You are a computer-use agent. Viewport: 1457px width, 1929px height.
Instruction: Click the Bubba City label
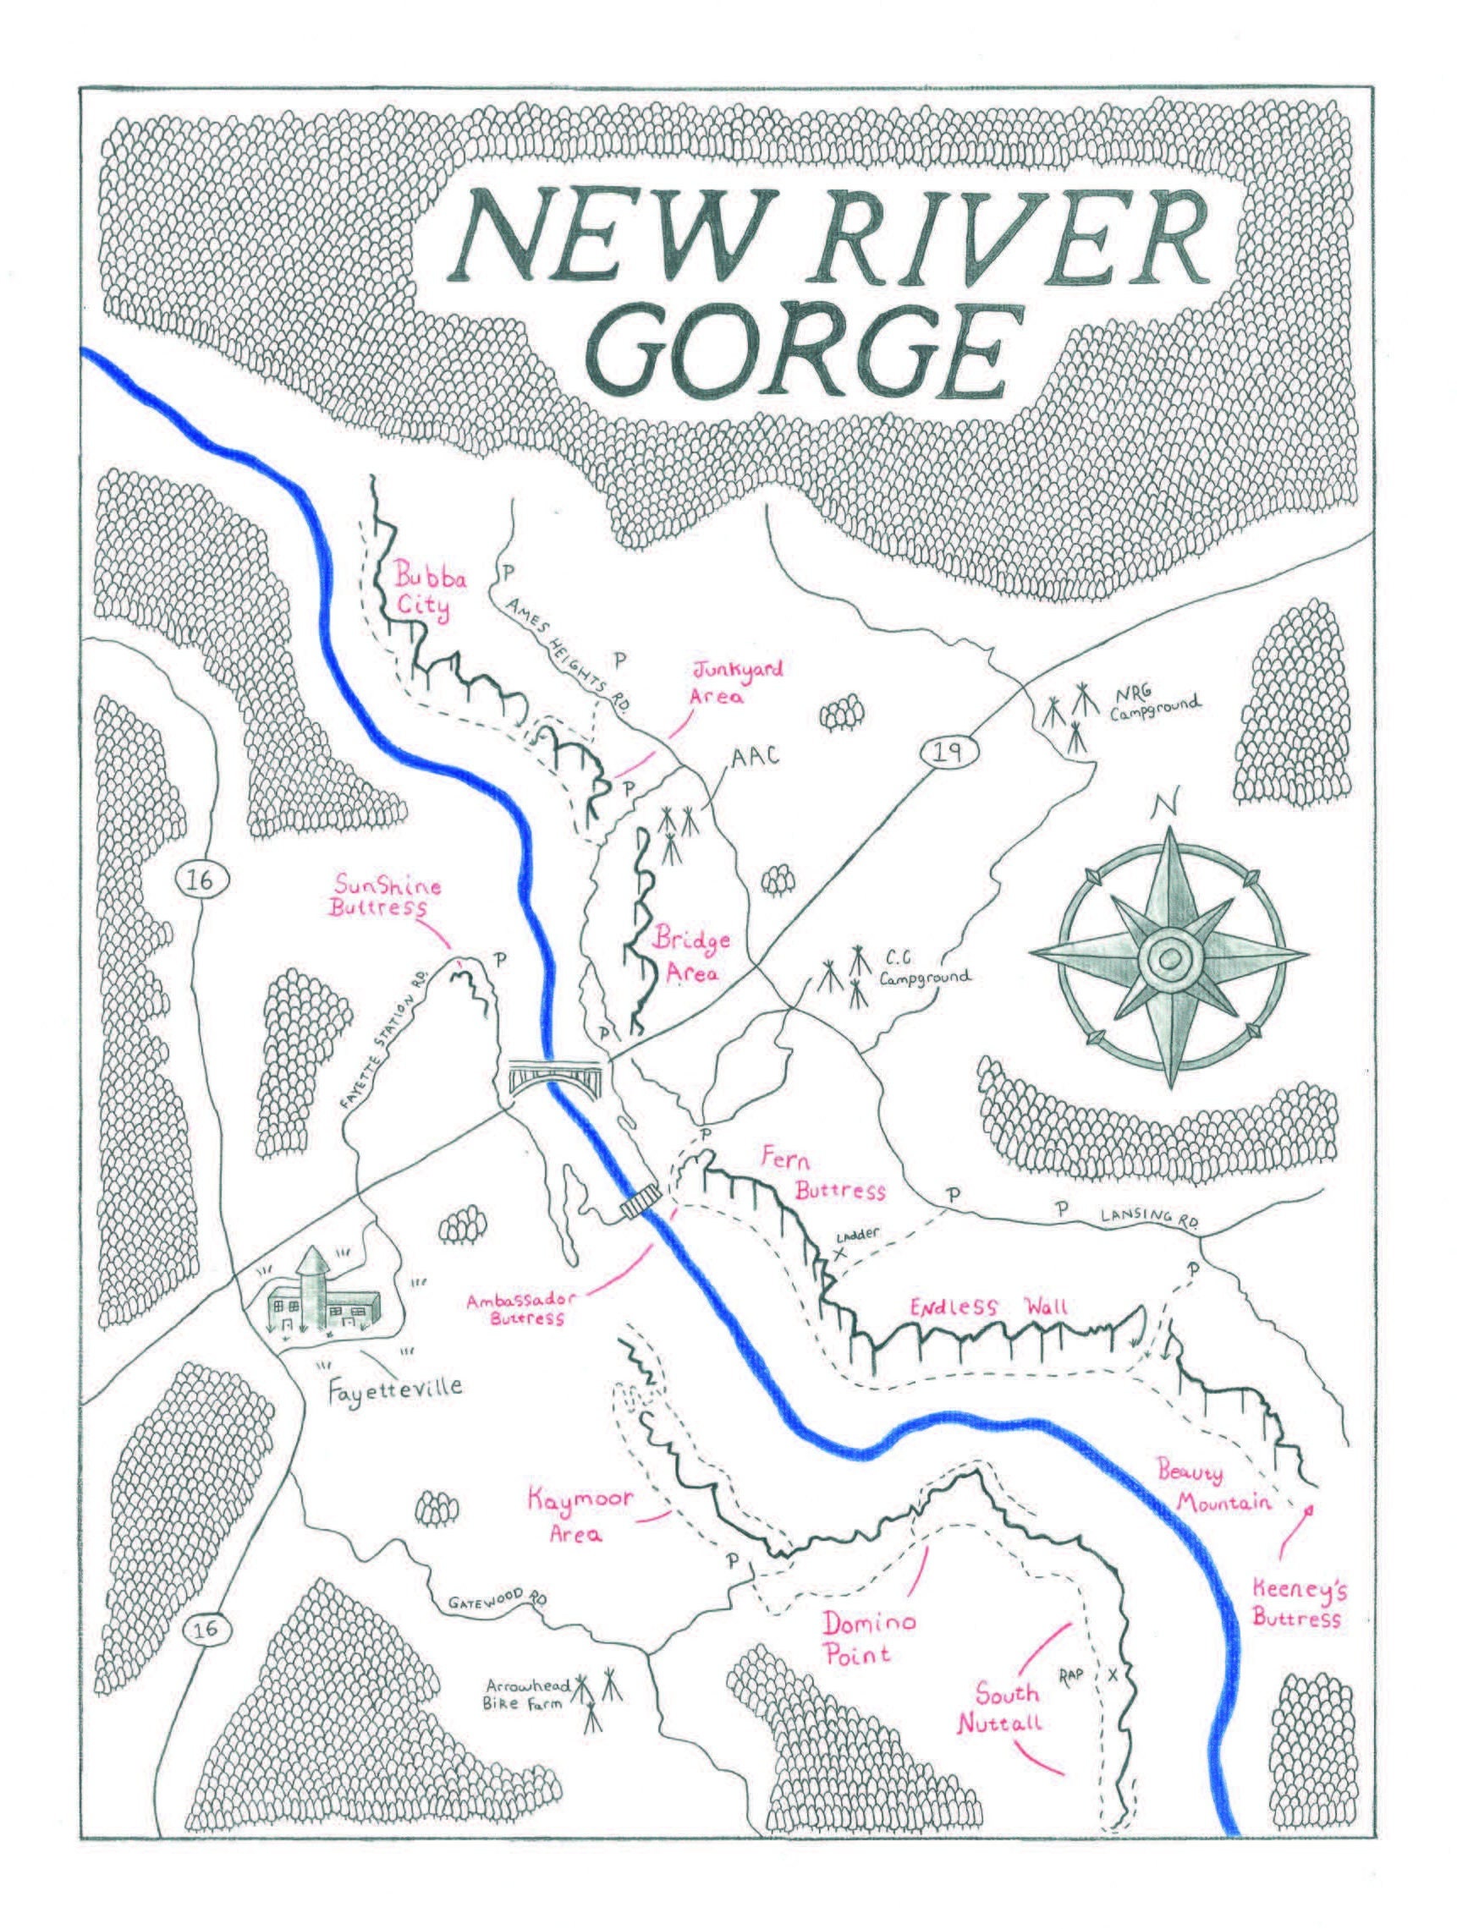[421, 593]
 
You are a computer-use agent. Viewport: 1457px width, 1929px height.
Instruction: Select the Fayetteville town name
[394, 1387]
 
